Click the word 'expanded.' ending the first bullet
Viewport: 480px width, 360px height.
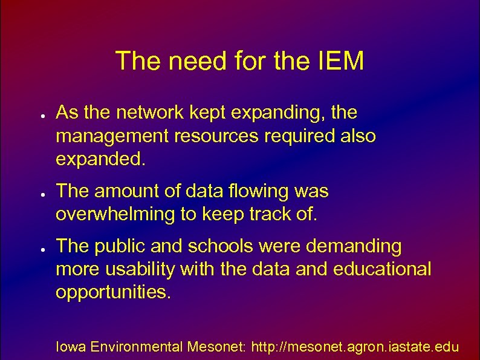coord(100,160)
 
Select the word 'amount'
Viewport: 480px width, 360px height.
coord(130,192)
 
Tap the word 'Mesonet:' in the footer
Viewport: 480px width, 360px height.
coord(215,347)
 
